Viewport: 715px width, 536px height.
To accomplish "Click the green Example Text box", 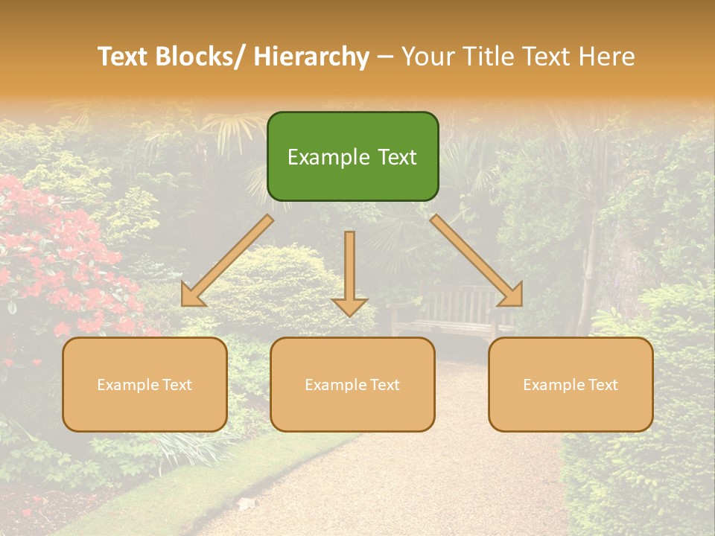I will point(352,156).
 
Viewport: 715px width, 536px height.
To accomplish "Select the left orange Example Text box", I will point(144,384).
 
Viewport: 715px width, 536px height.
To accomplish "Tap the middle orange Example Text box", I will point(352,384).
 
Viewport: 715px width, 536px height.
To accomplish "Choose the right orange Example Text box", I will point(571,384).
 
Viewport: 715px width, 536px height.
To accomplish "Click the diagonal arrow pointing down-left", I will point(226,261).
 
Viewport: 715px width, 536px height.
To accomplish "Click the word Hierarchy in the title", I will point(311,57).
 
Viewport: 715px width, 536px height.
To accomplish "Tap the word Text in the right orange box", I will point(602,385).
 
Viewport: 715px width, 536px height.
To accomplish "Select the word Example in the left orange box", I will point(127,385).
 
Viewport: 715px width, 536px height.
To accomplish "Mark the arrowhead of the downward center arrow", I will point(349,307).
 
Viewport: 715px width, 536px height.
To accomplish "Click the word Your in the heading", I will point(425,57).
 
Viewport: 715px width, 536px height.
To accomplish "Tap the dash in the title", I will point(385,57).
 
